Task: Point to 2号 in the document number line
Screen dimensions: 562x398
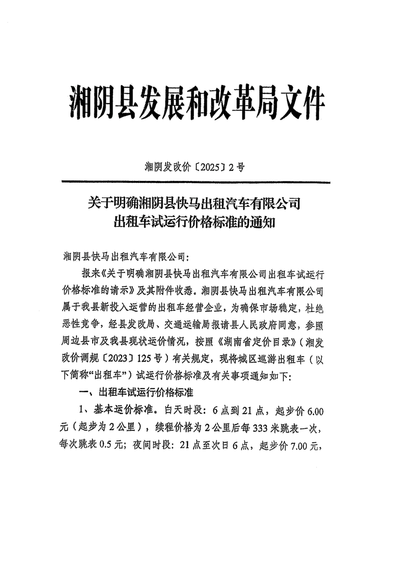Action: tap(236, 167)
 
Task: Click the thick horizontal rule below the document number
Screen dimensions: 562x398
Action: tap(195, 182)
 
